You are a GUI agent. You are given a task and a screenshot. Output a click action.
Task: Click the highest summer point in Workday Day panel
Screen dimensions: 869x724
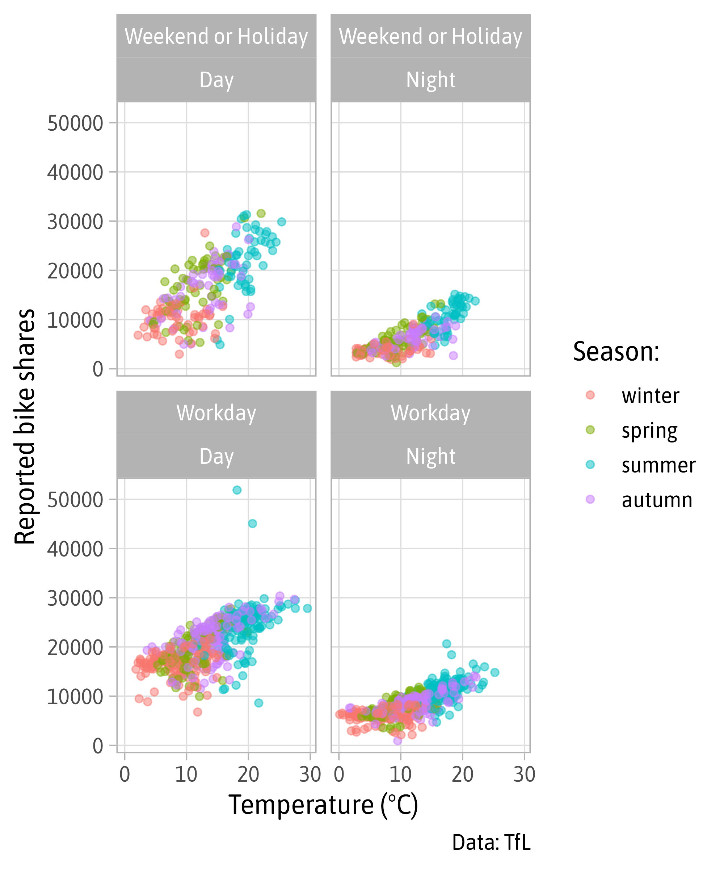(x=237, y=490)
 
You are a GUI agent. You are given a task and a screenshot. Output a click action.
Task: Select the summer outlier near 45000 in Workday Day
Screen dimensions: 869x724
(x=252, y=524)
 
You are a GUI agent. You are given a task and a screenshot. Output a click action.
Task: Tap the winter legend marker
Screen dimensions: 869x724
(x=590, y=395)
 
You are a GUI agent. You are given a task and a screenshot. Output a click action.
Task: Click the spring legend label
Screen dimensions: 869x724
(x=649, y=431)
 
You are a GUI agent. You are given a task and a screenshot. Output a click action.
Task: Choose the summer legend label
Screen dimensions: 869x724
(x=658, y=466)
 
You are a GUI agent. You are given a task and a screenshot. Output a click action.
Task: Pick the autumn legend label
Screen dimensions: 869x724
(x=657, y=500)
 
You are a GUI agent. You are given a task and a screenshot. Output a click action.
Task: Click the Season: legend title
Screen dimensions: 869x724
(x=616, y=352)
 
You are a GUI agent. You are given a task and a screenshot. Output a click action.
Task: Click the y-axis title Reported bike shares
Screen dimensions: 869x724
(x=25, y=426)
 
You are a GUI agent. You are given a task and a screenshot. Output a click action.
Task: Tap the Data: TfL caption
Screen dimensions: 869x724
(x=491, y=843)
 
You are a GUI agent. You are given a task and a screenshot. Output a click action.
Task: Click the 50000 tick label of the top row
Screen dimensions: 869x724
(x=75, y=123)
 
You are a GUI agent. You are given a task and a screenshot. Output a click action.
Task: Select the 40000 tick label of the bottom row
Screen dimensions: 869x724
(x=75, y=549)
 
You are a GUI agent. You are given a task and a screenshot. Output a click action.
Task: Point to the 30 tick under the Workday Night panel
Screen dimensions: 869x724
(x=524, y=774)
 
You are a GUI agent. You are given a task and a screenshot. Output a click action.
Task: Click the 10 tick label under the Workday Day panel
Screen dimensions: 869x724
(x=186, y=774)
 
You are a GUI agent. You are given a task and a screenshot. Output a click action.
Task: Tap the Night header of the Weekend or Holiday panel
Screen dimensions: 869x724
(x=431, y=80)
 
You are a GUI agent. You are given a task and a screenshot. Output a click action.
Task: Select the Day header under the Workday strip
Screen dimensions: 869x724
(x=216, y=457)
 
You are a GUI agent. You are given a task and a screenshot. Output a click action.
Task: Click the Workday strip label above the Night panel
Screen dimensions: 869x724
(x=431, y=413)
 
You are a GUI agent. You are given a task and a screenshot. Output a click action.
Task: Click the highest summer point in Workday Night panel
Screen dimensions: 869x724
(x=446, y=643)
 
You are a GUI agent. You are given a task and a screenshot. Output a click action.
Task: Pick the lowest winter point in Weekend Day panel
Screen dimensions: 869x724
(x=179, y=354)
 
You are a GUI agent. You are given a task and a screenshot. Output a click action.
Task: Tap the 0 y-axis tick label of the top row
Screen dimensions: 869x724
(x=98, y=369)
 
